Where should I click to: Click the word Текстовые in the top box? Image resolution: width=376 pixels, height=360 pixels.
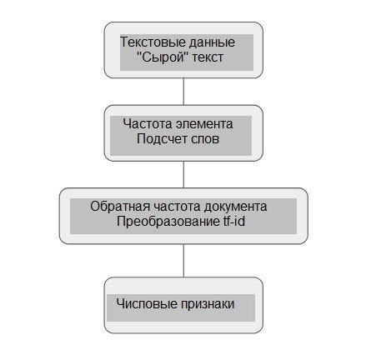(x=153, y=42)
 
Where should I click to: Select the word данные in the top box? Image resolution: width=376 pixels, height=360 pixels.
(x=212, y=43)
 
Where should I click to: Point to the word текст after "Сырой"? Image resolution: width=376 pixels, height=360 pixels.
(x=208, y=57)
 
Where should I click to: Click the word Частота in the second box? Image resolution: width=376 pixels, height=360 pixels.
(x=148, y=123)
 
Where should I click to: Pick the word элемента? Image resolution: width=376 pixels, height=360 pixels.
(x=204, y=124)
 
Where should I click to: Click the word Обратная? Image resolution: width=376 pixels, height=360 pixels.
(x=120, y=207)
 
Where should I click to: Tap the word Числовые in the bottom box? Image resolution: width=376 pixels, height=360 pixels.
(x=147, y=304)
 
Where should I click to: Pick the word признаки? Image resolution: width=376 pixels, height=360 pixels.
(x=208, y=304)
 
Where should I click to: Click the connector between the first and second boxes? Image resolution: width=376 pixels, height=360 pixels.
(x=183, y=92)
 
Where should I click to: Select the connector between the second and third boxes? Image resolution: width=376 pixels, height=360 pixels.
(x=183, y=174)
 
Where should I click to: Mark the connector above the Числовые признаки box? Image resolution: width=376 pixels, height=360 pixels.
(x=183, y=260)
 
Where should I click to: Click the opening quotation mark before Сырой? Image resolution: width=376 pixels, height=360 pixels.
(x=139, y=54)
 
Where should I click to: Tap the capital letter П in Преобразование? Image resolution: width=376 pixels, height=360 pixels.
(x=121, y=222)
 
